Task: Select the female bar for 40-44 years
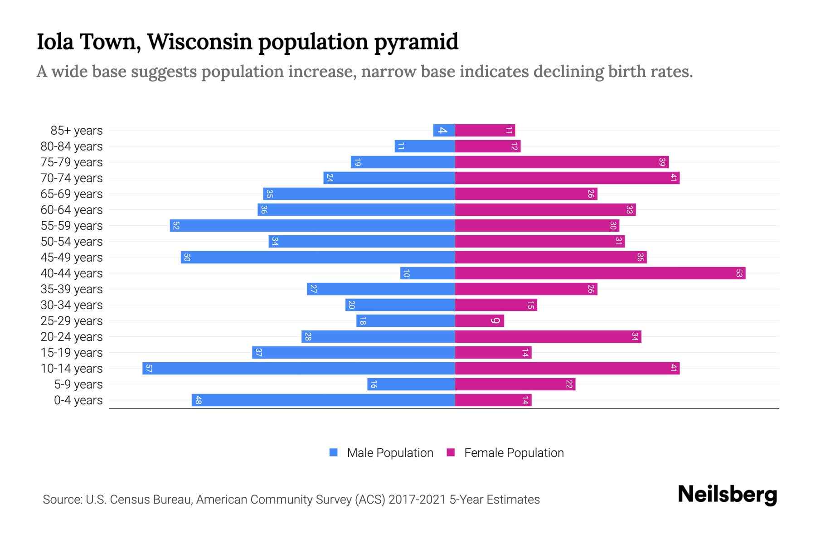[x=600, y=273]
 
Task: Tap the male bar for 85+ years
[x=444, y=130]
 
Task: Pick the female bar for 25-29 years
[x=479, y=321]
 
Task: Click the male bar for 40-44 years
[x=427, y=273]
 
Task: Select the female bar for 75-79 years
[x=561, y=162]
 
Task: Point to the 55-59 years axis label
[x=72, y=225]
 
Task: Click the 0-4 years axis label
[x=78, y=400]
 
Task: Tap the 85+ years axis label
[x=76, y=130]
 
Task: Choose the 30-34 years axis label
[x=72, y=305]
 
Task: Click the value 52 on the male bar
[x=176, y=225]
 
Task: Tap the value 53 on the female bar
[x=739, y=273]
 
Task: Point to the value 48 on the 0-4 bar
[x=198, y=400]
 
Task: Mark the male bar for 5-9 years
[x=411, y=384]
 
